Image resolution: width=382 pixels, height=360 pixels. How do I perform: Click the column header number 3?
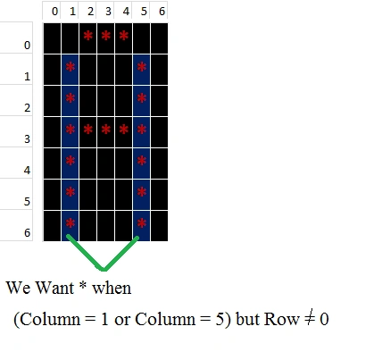pyautogui.click(x=108, y=12)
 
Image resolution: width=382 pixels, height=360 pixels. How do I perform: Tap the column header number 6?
pyautogui.click(x=162, y=12)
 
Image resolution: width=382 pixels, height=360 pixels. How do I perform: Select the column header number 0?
pyautogui.click(x=54, y=12)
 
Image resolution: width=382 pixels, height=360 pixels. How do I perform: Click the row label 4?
pyautogui.click(x=27, y=171)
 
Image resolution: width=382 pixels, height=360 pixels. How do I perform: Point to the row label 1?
pyautogui.click(x=27, y=77)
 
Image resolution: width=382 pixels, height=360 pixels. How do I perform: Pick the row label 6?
pyautogui.click(x=27, y=232)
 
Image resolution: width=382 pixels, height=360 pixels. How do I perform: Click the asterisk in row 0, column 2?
pyautogui.click(x=88, y=36)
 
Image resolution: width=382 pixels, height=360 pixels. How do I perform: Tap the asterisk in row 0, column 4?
pyautogui.click(x=124, y=36)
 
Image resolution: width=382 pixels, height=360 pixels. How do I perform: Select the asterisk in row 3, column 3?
pyautogui.click(x=106, y=130)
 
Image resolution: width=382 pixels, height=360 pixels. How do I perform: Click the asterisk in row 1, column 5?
pyautogui.click(x=142, y=67)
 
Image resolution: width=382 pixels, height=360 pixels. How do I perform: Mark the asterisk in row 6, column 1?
pyautogui.click(x=71, y=222)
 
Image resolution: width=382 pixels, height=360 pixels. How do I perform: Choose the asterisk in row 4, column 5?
pyautogui.click(x=142, y=161)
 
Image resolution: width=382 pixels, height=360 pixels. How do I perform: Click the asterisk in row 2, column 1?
pyautogui.click(x=71, y=98)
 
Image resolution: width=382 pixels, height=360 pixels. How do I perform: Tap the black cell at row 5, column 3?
pyautogui.click(x=105, y=195)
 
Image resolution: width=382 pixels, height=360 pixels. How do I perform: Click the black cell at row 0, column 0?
pyautogui.click(x=52, y=38)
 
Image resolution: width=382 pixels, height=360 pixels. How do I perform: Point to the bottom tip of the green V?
pyautogui.click(x=104, y=270)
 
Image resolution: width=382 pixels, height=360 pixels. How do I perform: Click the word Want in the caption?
pyautogui.click(x=54, y=288)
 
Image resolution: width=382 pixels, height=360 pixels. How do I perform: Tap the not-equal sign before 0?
pyautogui.click(x=310, y=319)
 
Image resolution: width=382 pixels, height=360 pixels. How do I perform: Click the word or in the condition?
pyautogui.click(x=122, y=321)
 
